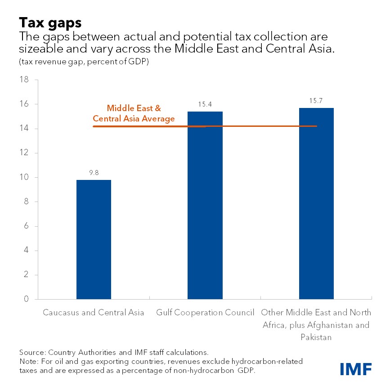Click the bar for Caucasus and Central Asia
94,239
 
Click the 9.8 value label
94,172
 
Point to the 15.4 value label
205,104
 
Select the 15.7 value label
316,100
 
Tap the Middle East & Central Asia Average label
134,114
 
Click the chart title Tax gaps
44,22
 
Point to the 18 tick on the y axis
24,80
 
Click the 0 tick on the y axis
27,299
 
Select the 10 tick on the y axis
24,177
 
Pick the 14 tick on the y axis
24,129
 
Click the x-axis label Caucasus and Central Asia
94,313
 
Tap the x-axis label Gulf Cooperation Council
205,313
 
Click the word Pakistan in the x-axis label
316,337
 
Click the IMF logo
355,368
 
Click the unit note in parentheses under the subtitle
84,62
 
